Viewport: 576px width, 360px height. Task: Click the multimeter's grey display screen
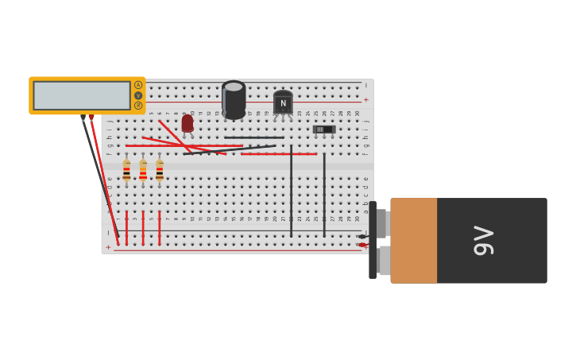point(82,95)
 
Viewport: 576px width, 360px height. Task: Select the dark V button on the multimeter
point(138,95)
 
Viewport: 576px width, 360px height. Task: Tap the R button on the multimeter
point(138,105)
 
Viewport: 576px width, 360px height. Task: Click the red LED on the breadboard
point(187,123)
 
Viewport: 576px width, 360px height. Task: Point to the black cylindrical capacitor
point(234,100)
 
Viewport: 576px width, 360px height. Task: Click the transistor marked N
point(283,103)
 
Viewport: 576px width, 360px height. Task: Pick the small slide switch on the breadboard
point(323,129)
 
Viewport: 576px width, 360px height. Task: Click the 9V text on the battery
point(483,240)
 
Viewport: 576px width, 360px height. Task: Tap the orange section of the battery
point(413,240)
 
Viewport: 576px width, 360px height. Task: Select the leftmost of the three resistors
point(126,170)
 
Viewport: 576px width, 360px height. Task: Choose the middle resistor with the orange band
point(143,170)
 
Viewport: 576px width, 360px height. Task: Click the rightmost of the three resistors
point(160,170)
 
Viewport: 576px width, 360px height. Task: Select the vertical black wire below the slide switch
point(324,195)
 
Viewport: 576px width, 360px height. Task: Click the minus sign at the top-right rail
point(365,85)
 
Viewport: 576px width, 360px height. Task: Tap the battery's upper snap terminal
point(381,223)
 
